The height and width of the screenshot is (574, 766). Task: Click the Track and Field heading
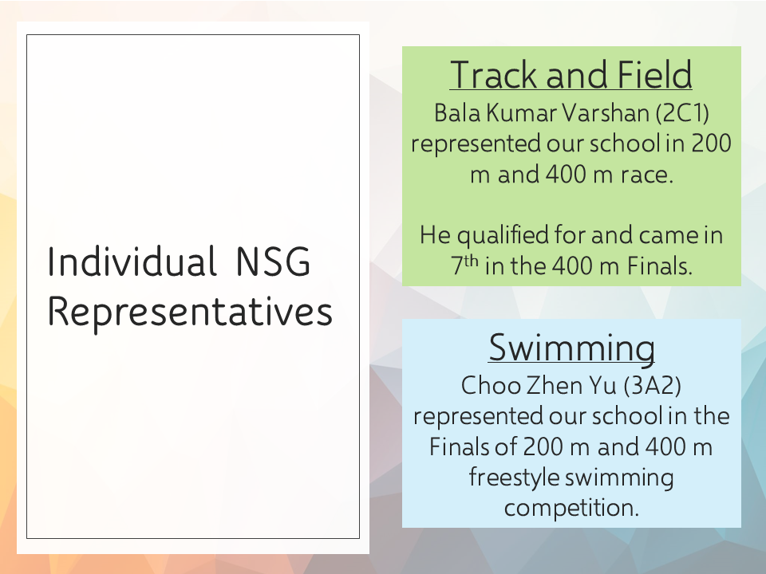[571, 75]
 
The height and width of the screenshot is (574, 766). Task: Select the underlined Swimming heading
[571, 348]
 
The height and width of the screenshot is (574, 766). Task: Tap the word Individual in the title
[132, 261]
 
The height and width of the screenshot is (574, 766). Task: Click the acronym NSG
[273, 262]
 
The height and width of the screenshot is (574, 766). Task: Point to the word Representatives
[190, 313]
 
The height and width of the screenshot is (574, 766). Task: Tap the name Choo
[489, 386]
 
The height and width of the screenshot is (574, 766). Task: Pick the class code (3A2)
[652, 386]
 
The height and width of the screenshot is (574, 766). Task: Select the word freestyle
[514, 478]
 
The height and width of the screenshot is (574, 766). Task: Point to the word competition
[571, 508]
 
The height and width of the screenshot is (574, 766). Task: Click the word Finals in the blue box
[458, 447]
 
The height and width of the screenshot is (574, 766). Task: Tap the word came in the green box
[667, 236]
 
